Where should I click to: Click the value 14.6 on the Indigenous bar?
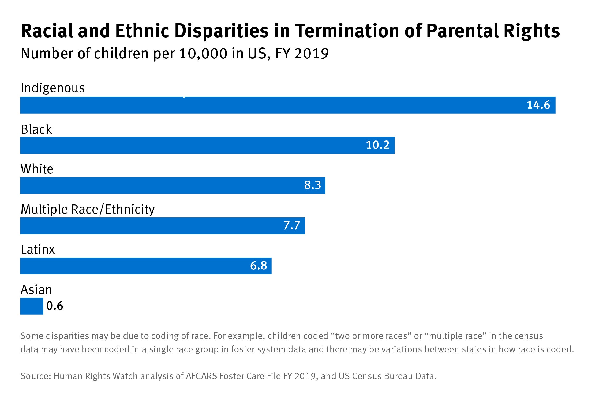pyautogui.click(x=538, y=105)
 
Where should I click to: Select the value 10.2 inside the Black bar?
pyautogui.click(x=377, y=145)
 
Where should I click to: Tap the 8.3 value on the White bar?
pyautogui.click(x=312, y=185)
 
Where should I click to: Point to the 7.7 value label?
pyautogui.click(x=292, y=225)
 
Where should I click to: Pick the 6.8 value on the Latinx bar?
pyautogui.click(x=259, y=266)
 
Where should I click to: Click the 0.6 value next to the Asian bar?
pyautogui.click(x=55, y=306)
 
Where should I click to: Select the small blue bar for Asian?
pyautogui.click(x=32, y=306)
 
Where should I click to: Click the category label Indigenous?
pyautogui.click(x=53, y=88)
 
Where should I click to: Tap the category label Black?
pyautogui.click(x=36, y=129)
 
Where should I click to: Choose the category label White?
pyautogui.click(x=37, y=169)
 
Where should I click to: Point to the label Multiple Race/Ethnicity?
pyautogui.click(x=88, y=210)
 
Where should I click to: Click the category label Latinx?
pyautogui.click(x=38, y=250)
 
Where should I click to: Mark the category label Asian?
pyautogui.click(x=36, y=290)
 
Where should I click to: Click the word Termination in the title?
pyautogui.click(x=347, y=31)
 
